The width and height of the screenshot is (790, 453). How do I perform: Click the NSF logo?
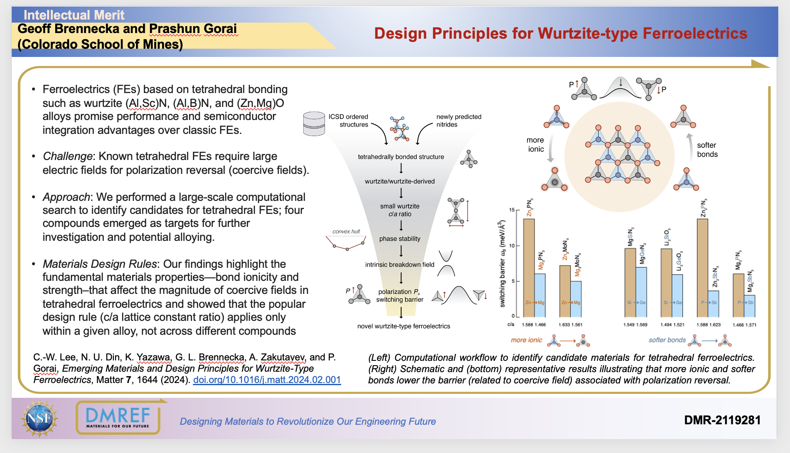(x=40, y=418)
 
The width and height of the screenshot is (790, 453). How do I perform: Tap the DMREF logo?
(x=118, y=417)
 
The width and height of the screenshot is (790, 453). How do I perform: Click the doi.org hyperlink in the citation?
(x=267, y=380)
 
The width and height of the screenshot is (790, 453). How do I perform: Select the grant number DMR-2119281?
(x=722, y=420)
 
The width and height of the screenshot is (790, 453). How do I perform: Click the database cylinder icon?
(x=314, y=123)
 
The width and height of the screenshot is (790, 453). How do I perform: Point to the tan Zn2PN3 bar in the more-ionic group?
(x=529, y=267)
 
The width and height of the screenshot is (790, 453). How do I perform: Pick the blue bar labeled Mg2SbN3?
(x=749, y=306)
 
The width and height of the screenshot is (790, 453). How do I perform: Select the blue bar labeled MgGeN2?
(x=641, y=292)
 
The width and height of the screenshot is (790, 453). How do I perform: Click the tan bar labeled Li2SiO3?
(x=666, y=283)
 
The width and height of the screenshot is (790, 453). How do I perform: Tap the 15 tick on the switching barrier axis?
(x=511, y=210)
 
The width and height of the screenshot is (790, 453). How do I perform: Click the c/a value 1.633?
(x=564, y=325)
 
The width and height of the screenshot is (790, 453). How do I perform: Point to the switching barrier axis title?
(x=502, y=264)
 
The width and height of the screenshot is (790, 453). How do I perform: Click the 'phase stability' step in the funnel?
(x=400, y=239)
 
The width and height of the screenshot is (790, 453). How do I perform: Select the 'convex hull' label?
(x=346, y=231)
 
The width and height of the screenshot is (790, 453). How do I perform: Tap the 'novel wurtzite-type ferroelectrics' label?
(x=404, y=326)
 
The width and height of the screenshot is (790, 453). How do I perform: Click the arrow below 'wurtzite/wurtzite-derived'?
(x=401, y=193)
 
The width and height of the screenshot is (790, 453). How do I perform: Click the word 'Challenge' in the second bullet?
(x=67, y=156)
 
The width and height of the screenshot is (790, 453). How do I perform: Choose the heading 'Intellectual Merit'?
(x=74, y=15)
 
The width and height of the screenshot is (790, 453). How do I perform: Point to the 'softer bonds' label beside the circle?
(x=707, y=150)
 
